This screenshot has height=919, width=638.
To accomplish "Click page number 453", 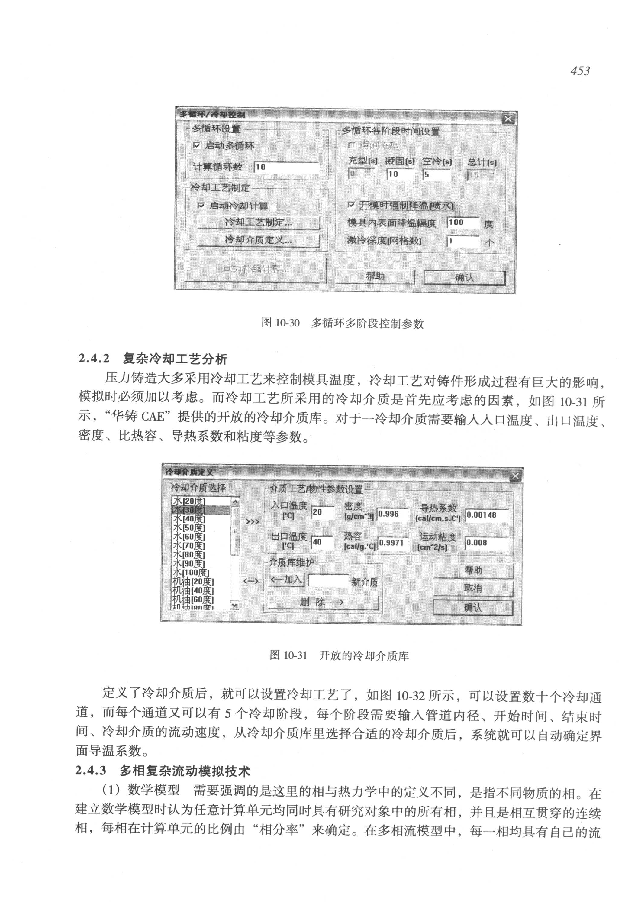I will (580, 71).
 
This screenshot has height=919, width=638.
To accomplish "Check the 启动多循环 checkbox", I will (197, 146).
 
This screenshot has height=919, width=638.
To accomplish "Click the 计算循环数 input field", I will (286, 167).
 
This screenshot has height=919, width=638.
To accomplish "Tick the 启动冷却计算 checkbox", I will (201, 206).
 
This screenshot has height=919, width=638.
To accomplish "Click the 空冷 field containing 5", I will (437, 174).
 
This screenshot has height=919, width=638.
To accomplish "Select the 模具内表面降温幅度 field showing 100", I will (463, 223).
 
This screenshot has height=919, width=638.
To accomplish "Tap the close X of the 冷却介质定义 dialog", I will (515, 476).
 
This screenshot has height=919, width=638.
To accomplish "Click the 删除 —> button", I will (323, 602).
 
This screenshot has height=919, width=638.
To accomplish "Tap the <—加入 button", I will (286, 580).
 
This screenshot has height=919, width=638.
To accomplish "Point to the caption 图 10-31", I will (288, 655).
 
